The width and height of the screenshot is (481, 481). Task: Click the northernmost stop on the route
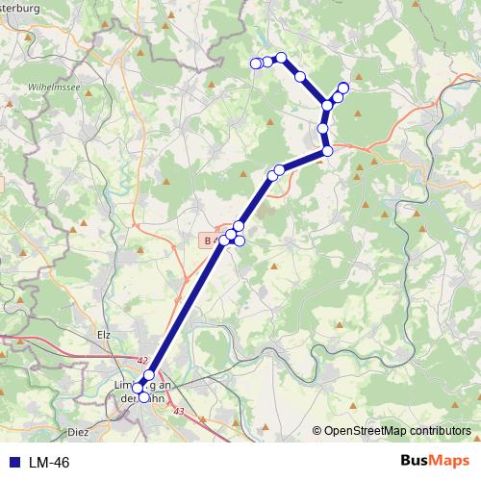pos(281,58)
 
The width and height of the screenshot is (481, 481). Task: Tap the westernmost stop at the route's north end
pos(256,63)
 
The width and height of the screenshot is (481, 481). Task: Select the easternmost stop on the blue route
pos(343,89)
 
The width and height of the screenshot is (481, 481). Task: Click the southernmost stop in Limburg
pos(144,396)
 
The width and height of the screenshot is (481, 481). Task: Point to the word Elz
pos(106,335)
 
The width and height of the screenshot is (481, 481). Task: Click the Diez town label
pos(78,433)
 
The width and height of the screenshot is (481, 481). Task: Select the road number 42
pos(142,361)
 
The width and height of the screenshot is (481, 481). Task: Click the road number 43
pos(179,411)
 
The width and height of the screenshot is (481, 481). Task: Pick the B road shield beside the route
pos(209,239)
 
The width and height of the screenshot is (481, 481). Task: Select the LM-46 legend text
pos(48,463)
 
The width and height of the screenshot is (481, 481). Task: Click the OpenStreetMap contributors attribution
pos(397,431)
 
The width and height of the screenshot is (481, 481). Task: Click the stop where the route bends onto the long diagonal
pos(327,150)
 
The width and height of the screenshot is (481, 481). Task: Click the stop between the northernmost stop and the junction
pos(300,76)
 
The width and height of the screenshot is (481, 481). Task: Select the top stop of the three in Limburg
pos(148,374)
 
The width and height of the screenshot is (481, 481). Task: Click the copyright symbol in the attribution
pos(316,431)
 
